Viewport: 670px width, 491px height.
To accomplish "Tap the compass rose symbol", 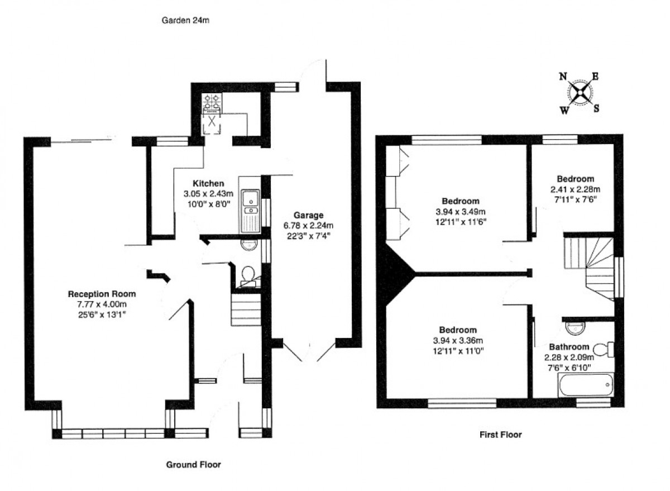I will click(581, 92).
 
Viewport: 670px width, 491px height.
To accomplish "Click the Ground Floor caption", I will click(194, 464).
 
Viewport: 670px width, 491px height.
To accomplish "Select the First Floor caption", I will click(501, 434).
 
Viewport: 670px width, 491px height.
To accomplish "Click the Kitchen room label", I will click(208, 184).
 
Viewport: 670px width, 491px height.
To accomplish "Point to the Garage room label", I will click(307, 215).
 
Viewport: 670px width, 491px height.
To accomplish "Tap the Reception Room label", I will click(102, 294).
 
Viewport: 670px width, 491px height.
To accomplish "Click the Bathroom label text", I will click(568, 346).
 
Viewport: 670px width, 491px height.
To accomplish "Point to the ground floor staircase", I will click(246, 310).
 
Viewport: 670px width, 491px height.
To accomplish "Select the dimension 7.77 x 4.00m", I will click(102, 304).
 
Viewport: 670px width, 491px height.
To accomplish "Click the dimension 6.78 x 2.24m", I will click(307, 225).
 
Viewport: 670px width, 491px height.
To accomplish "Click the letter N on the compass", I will click(564, 77).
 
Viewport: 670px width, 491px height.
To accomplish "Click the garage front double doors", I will click(310, 351).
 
